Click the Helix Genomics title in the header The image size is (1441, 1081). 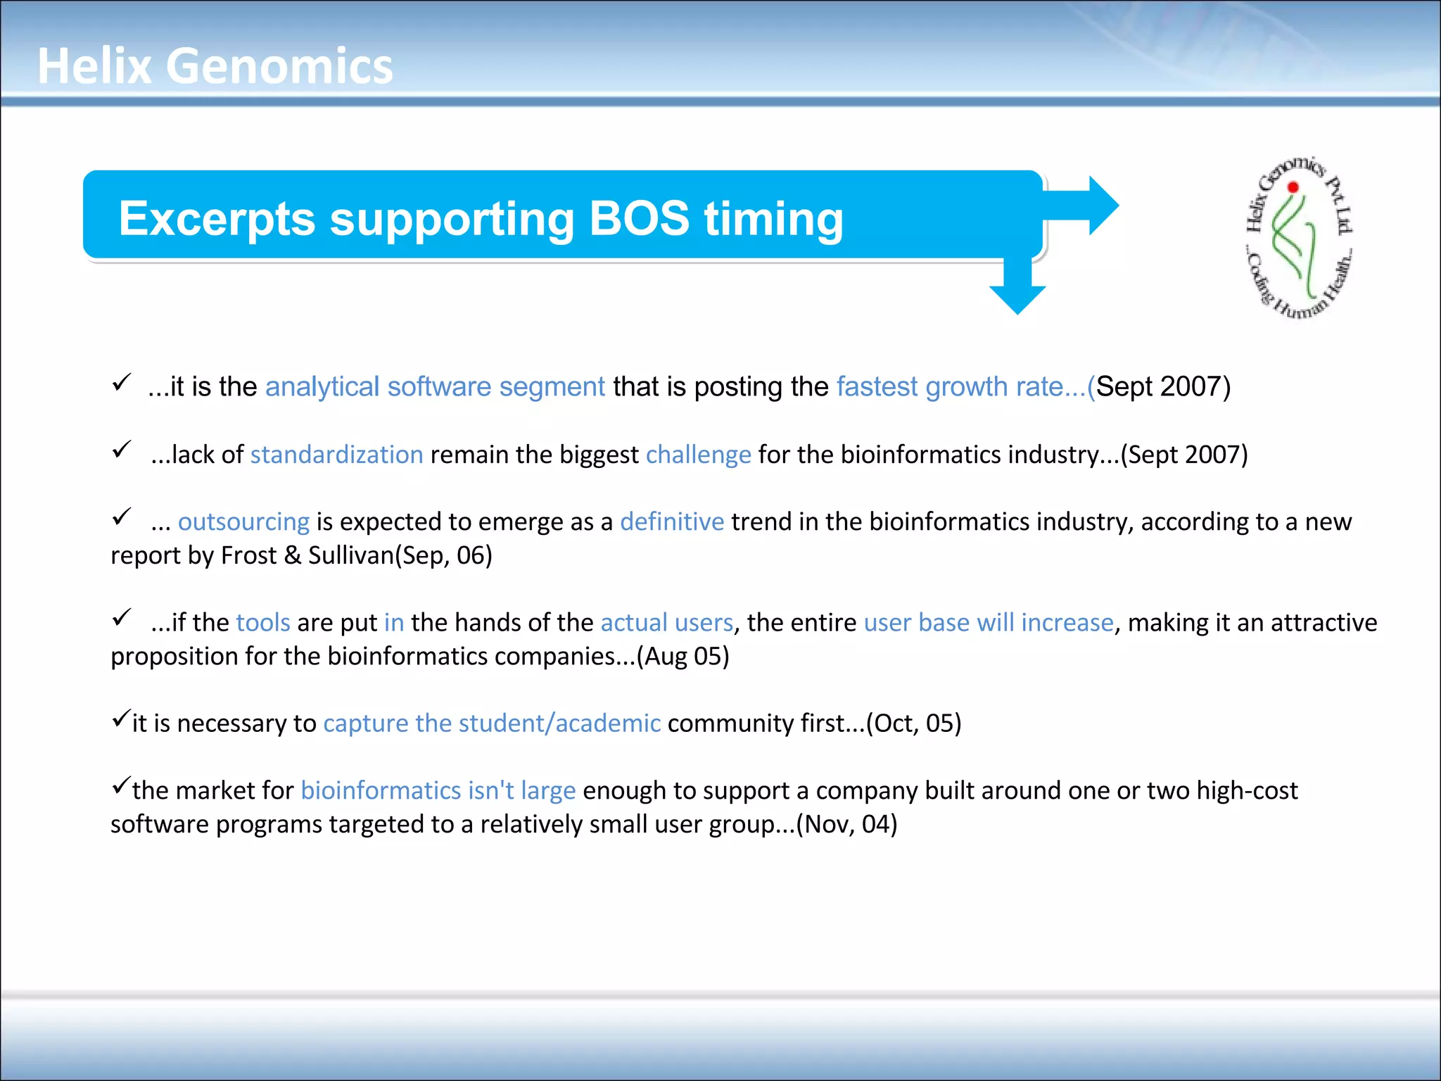pos(215,66)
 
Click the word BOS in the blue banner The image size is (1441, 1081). pos(639,218)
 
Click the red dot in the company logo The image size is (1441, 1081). pos(1293,187)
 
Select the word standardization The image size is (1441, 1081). pos(336,455)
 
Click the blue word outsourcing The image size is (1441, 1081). pos(243,522)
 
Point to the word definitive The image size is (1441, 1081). pos(671,522)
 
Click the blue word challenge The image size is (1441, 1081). pos(698,455)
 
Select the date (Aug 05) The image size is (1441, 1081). pos(683,657)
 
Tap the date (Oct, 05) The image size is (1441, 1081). pos(913,723)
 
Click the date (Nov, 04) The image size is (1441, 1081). pos(846,824)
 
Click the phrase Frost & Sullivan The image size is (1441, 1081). pos(307,555)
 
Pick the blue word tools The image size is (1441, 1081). pos(263,623)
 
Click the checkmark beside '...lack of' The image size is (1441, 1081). pos(121,450)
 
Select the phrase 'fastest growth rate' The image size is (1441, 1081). pos(949,387)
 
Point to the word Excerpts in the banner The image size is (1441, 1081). pos(217,218)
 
